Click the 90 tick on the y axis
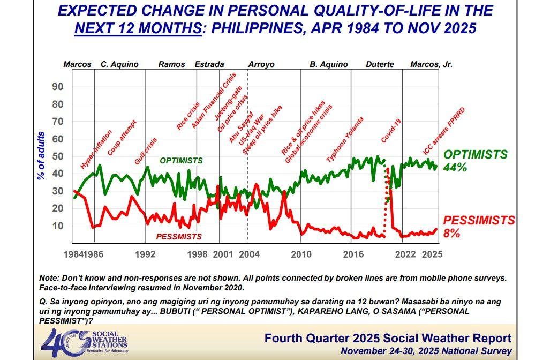click(x=57, y=87)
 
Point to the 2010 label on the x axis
click(x=301, y=254)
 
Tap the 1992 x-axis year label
click(x=145, y=254)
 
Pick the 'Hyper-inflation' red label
click(x=96, y=150)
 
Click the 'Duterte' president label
click(x=380, y=64)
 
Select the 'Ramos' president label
click(x=171, y=64)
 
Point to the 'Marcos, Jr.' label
click(x=431, y=64)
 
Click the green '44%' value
click(x=455, y=168)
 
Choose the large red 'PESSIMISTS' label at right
click(x=479, y=220)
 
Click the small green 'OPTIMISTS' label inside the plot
click(x=181, y=160)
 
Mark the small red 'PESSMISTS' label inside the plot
click(x=178, y=236)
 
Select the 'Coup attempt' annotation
click(x=122, y=138)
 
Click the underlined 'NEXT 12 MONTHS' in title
click(x=138, y=28)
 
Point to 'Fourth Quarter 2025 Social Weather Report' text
click(x=388, y=339)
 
